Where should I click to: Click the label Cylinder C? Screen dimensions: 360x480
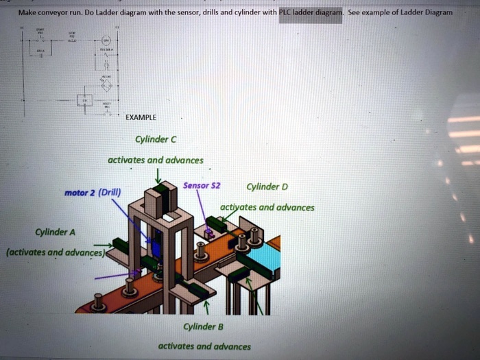tap(156, 140)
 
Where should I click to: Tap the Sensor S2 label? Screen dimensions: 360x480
tap(201, 187)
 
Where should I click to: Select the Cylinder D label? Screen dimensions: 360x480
tap(267, 187)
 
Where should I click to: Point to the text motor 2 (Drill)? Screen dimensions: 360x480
tap(92, 193)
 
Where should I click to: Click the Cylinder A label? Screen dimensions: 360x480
tap(57, 231)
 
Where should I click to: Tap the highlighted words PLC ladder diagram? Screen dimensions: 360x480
tap(310, 12)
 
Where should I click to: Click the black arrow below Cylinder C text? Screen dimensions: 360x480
tap(158, 174)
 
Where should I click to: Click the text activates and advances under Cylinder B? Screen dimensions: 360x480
tap(204, 346)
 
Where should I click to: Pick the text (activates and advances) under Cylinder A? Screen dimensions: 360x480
tap(55, 252)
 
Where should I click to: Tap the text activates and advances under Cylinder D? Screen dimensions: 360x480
tap(267, 208)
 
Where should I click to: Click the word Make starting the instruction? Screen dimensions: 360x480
tap(27, 12)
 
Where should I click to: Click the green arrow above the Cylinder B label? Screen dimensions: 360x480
tap(204, 309)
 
